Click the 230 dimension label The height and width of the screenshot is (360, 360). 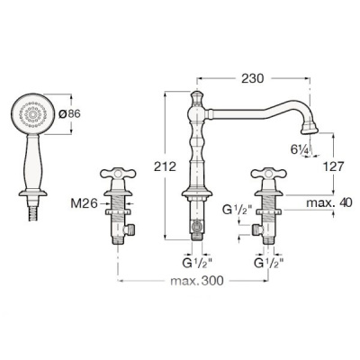[253, 78]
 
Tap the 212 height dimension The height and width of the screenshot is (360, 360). [165, 166]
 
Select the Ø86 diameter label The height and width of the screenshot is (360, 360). [69, 113]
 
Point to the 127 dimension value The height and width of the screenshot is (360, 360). [332, 166]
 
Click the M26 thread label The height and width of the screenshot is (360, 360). [85, 204]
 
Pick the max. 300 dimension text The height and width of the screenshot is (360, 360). [197, 281]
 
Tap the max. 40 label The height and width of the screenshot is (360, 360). [329, 203]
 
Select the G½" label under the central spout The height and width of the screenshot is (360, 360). [197, 263]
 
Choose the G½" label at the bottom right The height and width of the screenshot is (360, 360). [269, 263]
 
